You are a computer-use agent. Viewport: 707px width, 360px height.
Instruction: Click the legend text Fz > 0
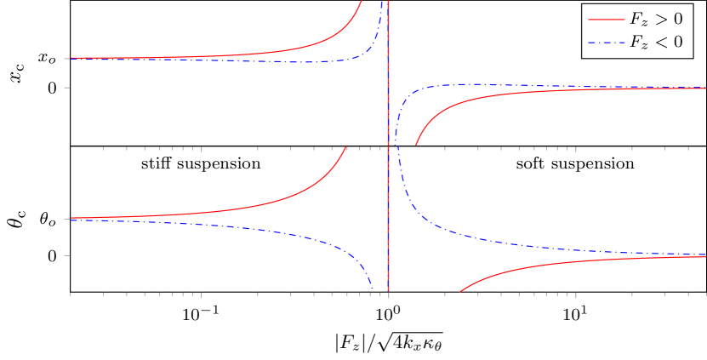tap(656, 19)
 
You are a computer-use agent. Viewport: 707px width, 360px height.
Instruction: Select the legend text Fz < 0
tap(656, 43)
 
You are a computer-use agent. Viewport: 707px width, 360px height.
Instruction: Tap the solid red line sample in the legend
tap(605, 19)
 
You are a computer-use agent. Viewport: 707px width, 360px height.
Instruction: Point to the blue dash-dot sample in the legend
tap(605, 43)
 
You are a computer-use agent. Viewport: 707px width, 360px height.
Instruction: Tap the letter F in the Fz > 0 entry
tap(635, 19)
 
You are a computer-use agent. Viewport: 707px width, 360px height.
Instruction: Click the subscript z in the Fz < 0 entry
tap(643, 45)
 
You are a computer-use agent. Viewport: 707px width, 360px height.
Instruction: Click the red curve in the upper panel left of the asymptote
tap(255, 54)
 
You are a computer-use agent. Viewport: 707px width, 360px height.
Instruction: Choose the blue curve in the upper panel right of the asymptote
tap(510, 85)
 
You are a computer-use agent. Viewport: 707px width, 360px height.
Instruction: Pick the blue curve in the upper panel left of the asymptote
tap(255, 61)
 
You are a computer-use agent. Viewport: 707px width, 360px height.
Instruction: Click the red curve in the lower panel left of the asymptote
tap(255, 205)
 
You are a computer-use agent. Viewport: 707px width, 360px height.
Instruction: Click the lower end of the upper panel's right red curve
tap(416, 145)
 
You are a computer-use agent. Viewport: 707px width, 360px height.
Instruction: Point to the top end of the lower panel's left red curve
tap(345, 148)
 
